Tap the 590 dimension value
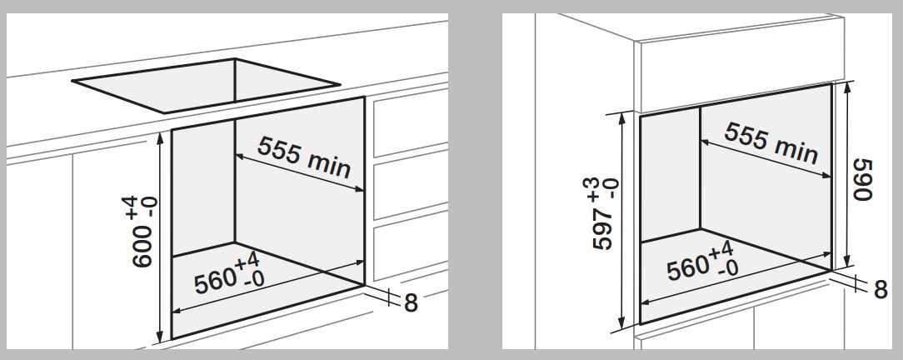click(863, 180)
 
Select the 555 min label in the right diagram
click(771, 144)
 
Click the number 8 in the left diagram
click(411, 302)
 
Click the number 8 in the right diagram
click(881, 289)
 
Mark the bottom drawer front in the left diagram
click(411, 247)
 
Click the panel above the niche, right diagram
click(740, 63)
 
